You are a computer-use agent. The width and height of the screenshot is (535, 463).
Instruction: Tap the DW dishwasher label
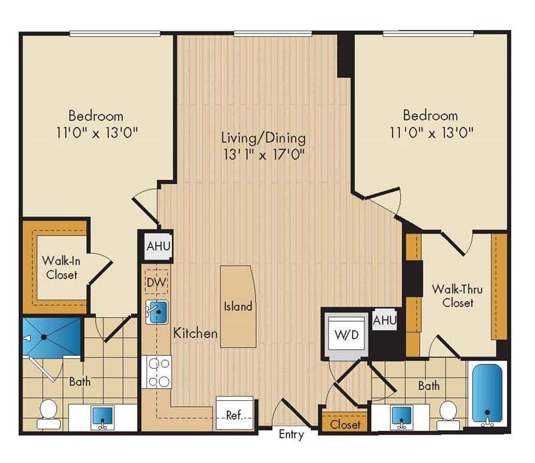tap(156, 284)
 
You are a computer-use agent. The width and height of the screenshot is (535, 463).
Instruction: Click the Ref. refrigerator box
tap(235, 414)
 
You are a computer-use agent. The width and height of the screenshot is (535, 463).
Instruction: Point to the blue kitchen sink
tap(158, 312)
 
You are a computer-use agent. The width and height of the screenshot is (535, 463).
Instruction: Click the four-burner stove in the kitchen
tap(158, 372)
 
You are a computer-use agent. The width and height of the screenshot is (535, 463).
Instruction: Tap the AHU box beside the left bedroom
tap(158, 246)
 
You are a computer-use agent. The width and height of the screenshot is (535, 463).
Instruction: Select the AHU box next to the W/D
tap(385, 320)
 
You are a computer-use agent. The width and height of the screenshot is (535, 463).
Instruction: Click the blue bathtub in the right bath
tap(488, 393)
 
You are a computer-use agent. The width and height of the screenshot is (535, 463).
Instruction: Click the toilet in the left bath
tap(48, 412)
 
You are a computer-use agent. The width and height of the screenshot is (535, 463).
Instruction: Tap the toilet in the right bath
tap(448, 413)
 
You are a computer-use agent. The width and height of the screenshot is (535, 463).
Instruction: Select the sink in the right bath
tap(401, 415)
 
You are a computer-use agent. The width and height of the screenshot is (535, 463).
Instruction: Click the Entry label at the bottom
tap(291, 435)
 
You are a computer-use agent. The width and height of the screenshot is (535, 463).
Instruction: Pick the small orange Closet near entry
tap(345, 424)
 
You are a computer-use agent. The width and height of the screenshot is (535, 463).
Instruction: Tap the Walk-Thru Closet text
tap(453, 296)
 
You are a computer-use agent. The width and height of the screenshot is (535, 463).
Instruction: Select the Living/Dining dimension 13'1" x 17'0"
tap(263, 155)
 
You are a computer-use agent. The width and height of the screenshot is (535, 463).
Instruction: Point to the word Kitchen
tap(195, 333)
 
